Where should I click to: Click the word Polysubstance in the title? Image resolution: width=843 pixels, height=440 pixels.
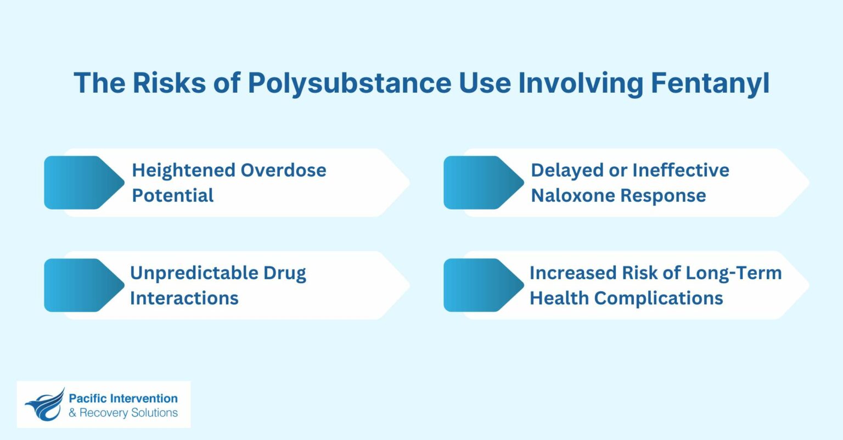click(349, 83)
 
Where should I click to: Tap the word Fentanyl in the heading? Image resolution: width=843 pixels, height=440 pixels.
click(710, 83)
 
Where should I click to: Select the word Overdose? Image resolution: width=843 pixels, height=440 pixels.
click(284, 170)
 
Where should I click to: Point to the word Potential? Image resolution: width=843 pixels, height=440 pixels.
click(173, 195)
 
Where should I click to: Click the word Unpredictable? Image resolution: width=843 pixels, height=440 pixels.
click(194, 273)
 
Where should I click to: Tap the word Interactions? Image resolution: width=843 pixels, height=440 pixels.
click(184, 298)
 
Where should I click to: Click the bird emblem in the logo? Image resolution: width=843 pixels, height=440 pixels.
click(44, 405)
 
